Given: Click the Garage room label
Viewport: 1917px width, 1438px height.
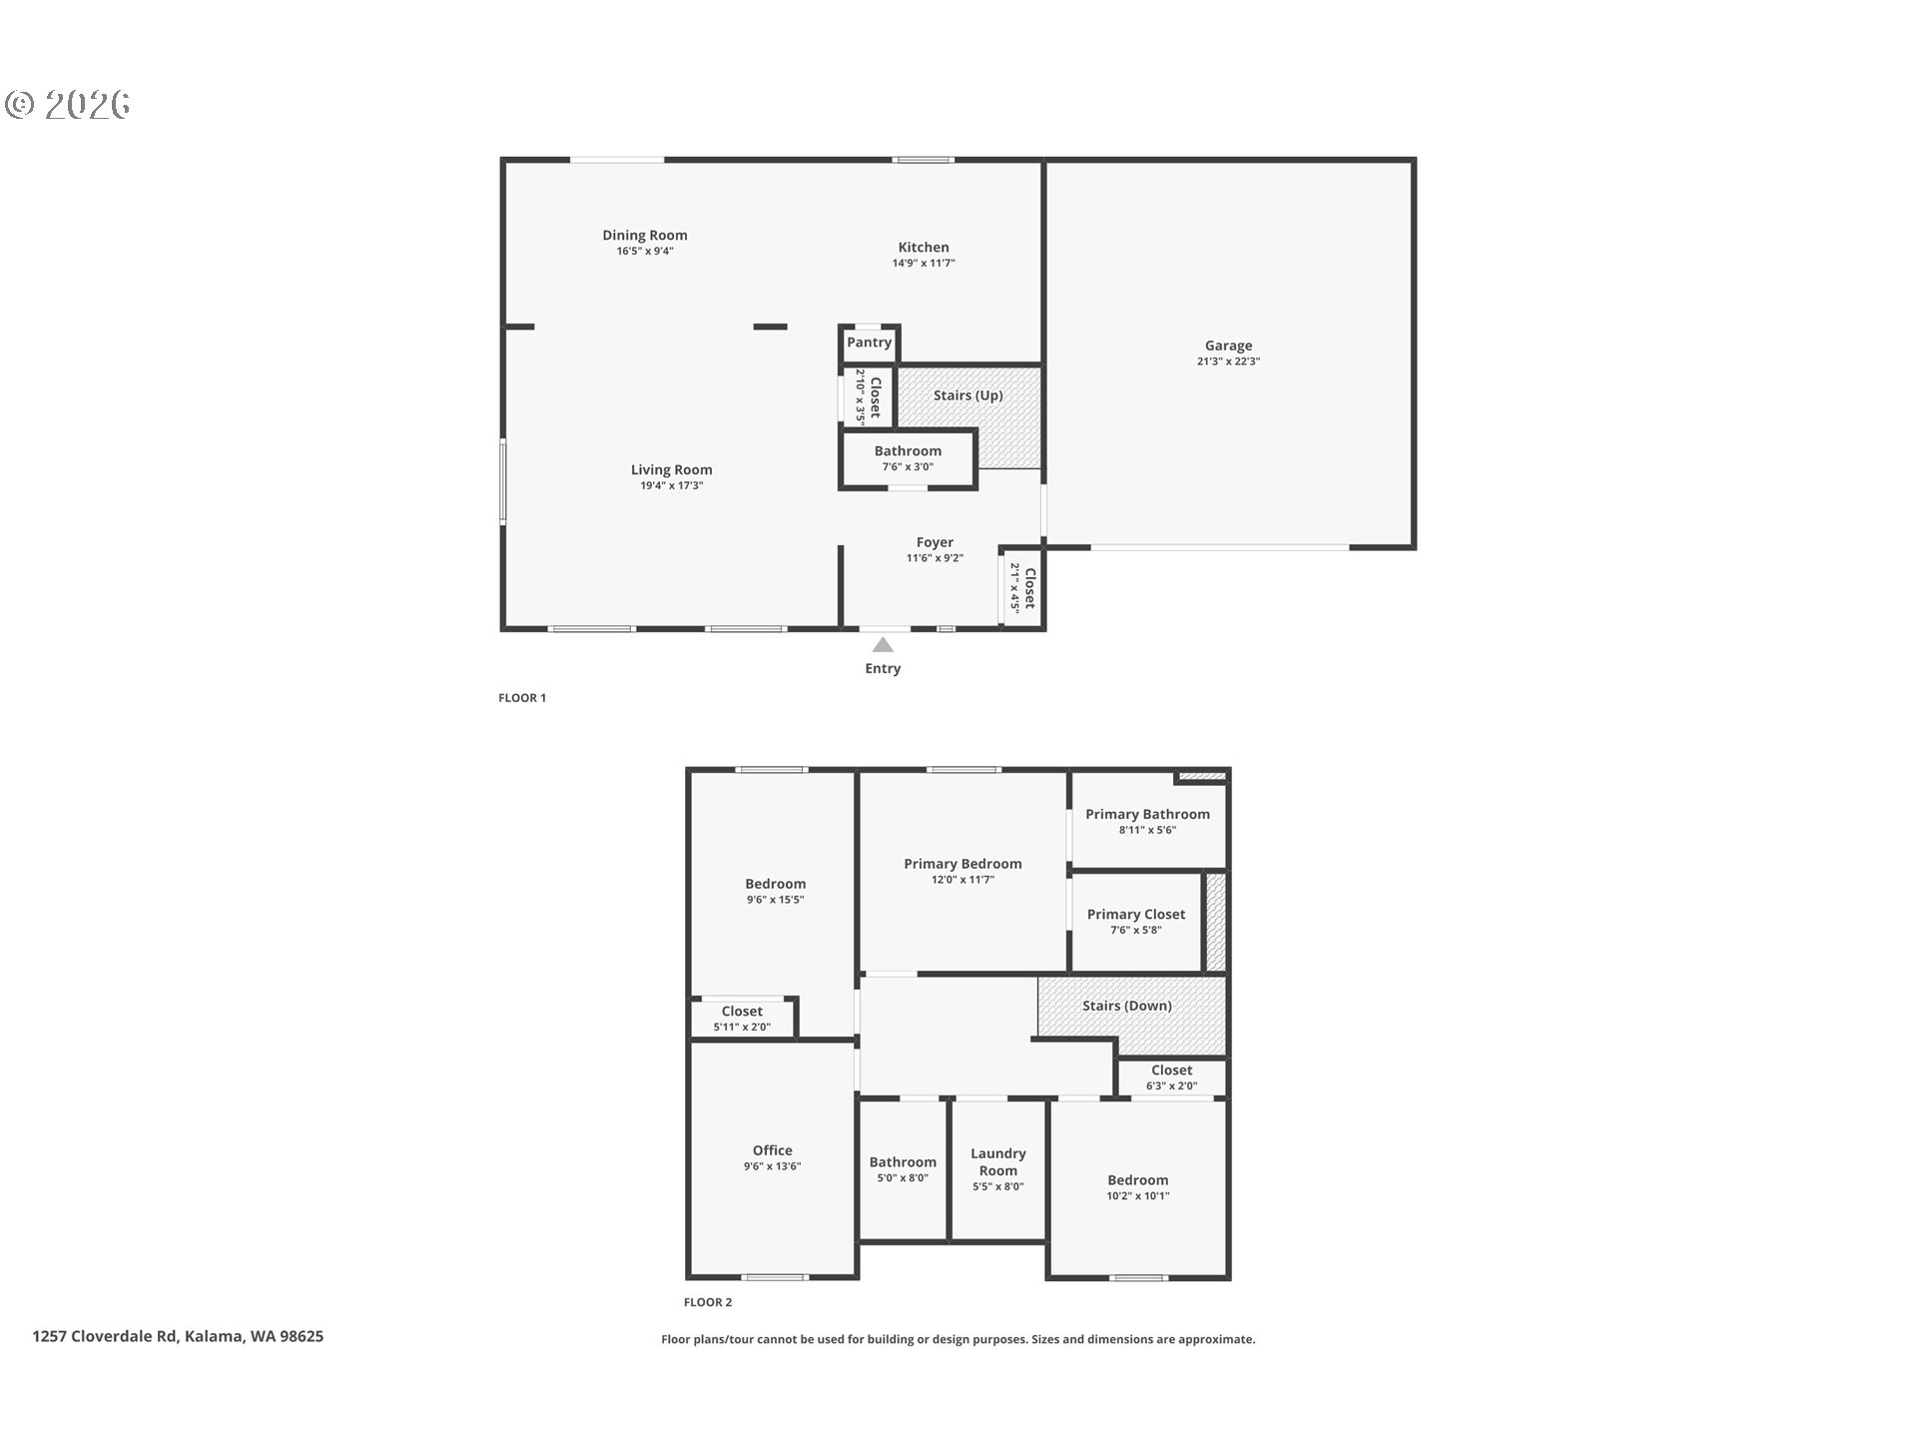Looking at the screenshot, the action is point(1228,346).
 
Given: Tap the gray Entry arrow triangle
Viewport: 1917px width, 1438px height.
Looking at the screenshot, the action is point(883,645).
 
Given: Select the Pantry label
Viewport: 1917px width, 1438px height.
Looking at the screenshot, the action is point(869,342).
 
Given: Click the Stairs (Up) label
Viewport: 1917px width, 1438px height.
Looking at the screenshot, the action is point(967,395).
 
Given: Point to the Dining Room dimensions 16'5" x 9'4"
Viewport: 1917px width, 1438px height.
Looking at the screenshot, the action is point(645,252).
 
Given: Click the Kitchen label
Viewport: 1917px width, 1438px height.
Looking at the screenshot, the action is point(924,247).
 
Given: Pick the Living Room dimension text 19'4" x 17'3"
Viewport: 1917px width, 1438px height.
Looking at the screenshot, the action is point(672,486).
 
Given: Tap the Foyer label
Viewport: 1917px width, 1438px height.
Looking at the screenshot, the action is point(935,542).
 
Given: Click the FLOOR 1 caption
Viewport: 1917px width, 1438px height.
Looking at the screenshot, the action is point(522,698).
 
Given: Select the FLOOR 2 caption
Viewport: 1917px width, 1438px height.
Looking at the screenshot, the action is point(708,1302).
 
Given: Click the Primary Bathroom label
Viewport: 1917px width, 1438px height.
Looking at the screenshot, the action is point(1147,814).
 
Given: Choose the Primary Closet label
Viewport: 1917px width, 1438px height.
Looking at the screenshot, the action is point(1136,914).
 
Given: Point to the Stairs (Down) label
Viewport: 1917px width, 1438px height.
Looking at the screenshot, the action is point(1127,1006).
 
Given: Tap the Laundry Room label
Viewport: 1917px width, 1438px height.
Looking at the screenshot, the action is point(998,1162).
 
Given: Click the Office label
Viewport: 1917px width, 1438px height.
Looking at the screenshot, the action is point(773,1150).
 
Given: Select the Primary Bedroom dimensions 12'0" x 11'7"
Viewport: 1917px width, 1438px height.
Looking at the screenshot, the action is point(962,880).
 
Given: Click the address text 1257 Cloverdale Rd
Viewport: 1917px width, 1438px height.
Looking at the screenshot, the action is point(105,1336).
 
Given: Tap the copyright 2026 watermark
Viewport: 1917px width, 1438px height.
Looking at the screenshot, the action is point(67,105).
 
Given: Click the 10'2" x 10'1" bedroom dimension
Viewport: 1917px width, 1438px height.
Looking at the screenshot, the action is point(1137,1196).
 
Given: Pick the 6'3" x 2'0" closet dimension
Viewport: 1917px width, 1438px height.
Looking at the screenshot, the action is point(1171,1086).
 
